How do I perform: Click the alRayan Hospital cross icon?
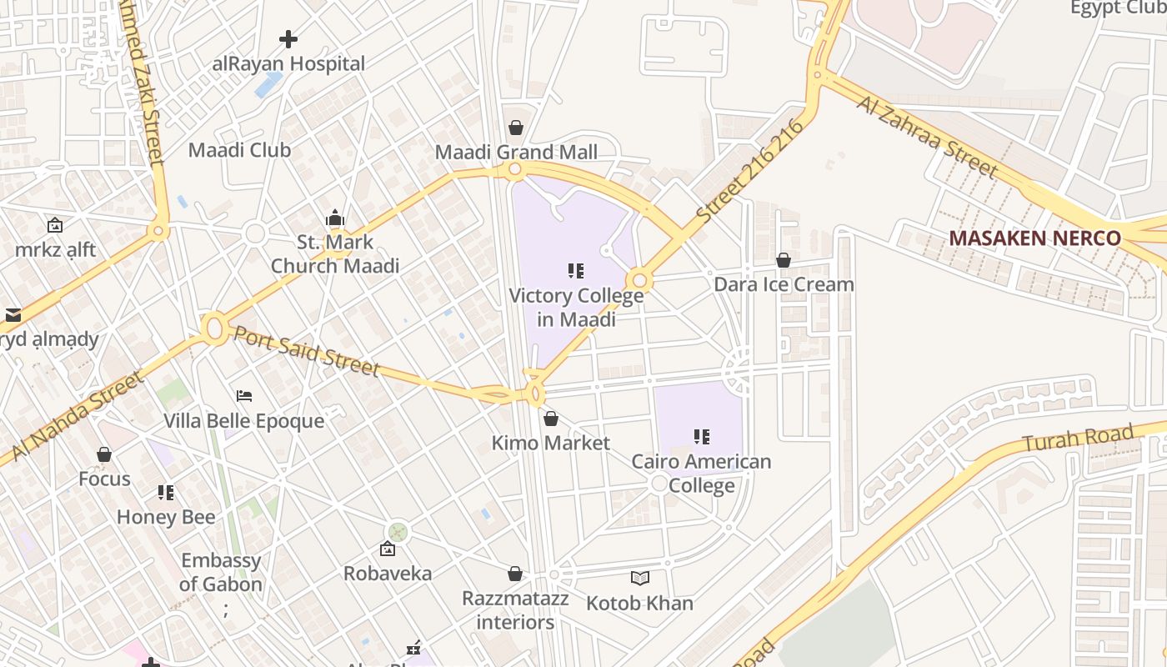[288, 39]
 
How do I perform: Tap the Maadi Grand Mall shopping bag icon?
[516, 128]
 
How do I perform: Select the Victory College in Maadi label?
[576, 308]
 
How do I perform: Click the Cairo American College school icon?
[702, 436]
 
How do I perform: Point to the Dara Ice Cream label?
[784, 284]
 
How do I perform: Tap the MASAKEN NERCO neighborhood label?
[1034, 238]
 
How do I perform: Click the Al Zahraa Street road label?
[926, 136]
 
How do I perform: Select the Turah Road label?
[1078, 439]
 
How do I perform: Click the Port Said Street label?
[306, 350]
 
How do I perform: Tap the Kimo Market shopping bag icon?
[550, 419]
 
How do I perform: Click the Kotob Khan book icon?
[639, 578]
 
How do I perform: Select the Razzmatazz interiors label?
[515, 610]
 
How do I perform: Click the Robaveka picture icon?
[387, 549]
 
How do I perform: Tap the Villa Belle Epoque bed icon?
[243, 395]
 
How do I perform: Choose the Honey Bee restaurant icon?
[166, 493]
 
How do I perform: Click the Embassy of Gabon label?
[221, 572]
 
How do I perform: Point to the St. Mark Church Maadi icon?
[335, 218]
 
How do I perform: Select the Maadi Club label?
[239, 150]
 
